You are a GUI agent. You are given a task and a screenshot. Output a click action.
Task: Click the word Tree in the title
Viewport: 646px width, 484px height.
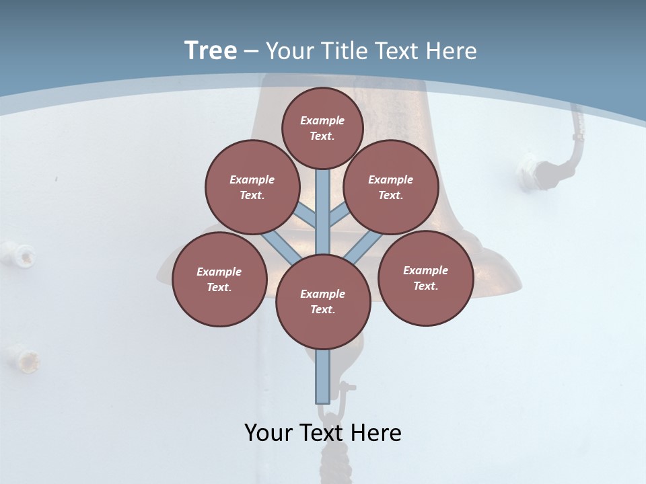[211, 50]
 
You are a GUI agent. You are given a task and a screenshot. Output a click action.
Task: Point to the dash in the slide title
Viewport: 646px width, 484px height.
[251, 51]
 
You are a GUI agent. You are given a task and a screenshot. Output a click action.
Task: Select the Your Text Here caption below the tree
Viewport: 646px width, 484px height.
[322, 433]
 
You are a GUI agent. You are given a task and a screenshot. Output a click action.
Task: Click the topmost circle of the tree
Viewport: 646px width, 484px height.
[322, 128]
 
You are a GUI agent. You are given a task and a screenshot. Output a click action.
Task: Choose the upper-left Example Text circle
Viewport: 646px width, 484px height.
[252, 187]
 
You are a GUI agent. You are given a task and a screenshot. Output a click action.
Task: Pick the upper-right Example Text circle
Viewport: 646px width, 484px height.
[390, 187]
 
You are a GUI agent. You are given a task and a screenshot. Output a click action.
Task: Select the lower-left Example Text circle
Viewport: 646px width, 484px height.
[219, 279]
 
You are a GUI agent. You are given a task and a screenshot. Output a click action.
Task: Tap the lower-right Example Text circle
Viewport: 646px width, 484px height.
[425, 278]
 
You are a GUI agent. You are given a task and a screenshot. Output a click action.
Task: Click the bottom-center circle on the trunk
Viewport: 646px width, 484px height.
[323, 302]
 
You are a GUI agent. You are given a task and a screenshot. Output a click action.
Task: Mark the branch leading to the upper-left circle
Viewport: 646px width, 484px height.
[306, 215]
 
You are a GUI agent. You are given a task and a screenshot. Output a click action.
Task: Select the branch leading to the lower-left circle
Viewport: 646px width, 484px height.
[278, 245]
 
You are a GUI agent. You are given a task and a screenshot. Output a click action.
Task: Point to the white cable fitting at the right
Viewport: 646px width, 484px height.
[530, 171]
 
